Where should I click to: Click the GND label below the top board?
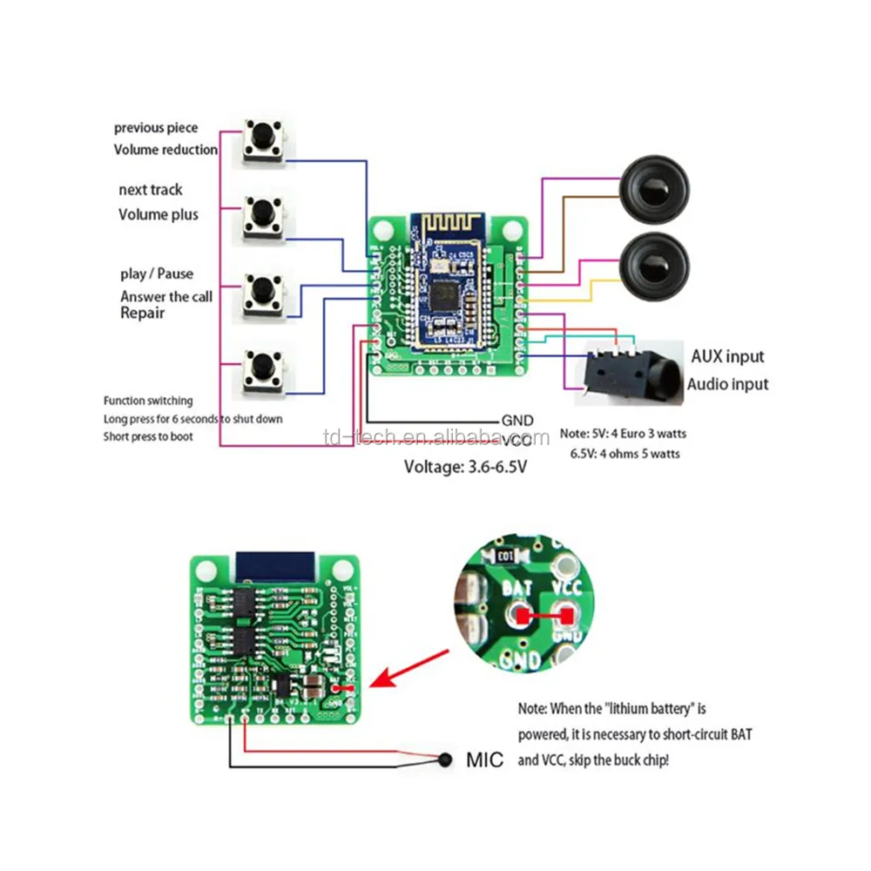tap(517, 420)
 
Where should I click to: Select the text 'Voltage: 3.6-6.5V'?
tap(465, 466)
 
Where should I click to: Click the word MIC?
tap(484, 760)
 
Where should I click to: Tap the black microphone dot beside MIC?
tap(447, 760)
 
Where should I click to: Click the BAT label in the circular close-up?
tap(517, 590)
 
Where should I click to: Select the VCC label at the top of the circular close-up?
tap(567, 589)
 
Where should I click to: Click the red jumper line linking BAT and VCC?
tap(543, 617)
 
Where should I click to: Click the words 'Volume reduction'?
tap(165, 150)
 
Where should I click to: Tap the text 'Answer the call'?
tap(166, 296)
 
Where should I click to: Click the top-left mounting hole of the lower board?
tap(206, 571)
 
